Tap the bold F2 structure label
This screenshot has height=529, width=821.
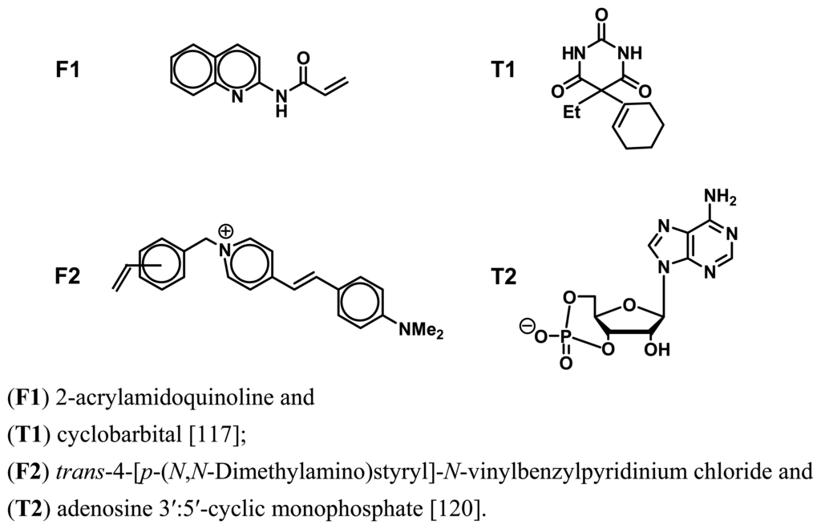click(67, 279)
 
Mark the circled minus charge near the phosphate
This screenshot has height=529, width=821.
click(528, 327)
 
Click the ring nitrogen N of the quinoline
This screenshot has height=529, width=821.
click(238, 96)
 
